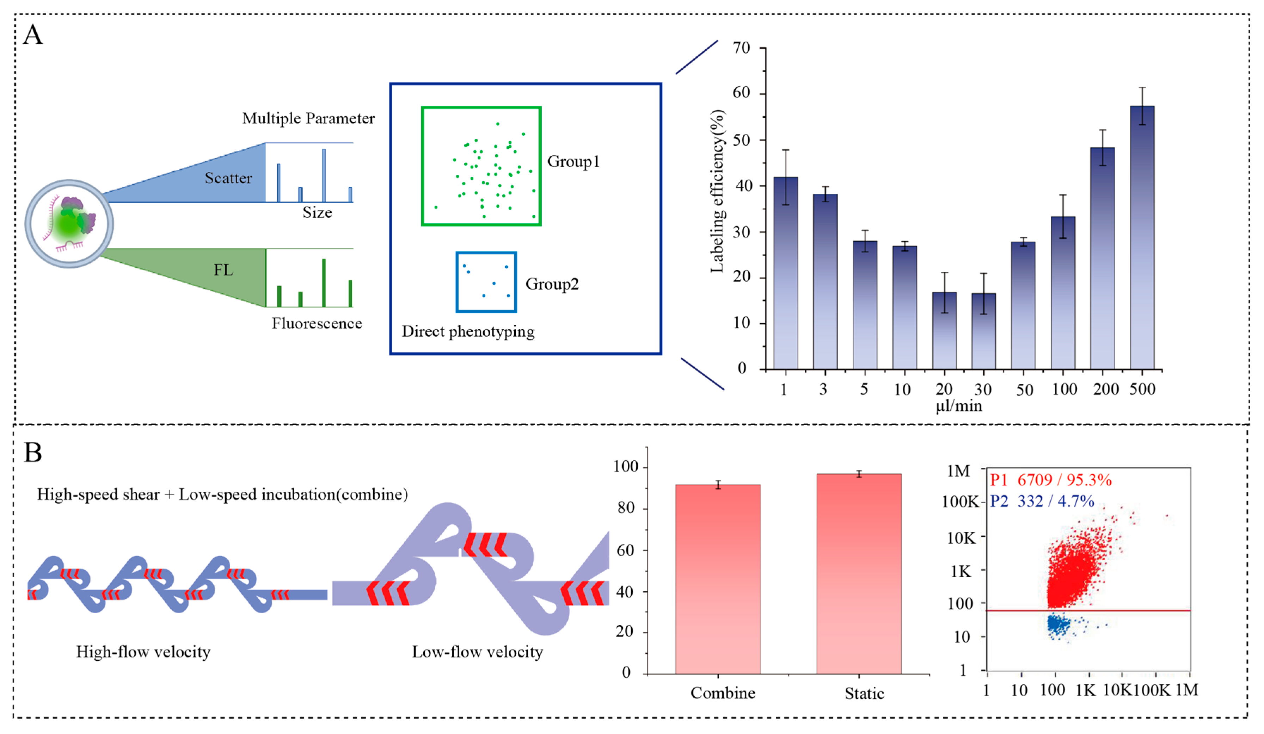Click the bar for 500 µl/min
point(1142,238)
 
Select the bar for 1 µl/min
point(785,273)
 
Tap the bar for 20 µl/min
point(944,331)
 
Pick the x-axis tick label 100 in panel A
point(1064,390)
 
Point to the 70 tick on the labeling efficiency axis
point(741,48)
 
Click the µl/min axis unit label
point(958,406)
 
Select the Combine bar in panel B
point(718,579)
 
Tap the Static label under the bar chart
point(864,693)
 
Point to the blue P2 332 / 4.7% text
point(1041,501)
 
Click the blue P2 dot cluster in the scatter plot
point(1057,624)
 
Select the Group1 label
point(573,161)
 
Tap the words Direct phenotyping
point(468,331)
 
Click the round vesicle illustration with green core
point(69,224)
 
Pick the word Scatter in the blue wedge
point(228,178)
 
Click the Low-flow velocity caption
point(477,652)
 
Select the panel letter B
point(33,452)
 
